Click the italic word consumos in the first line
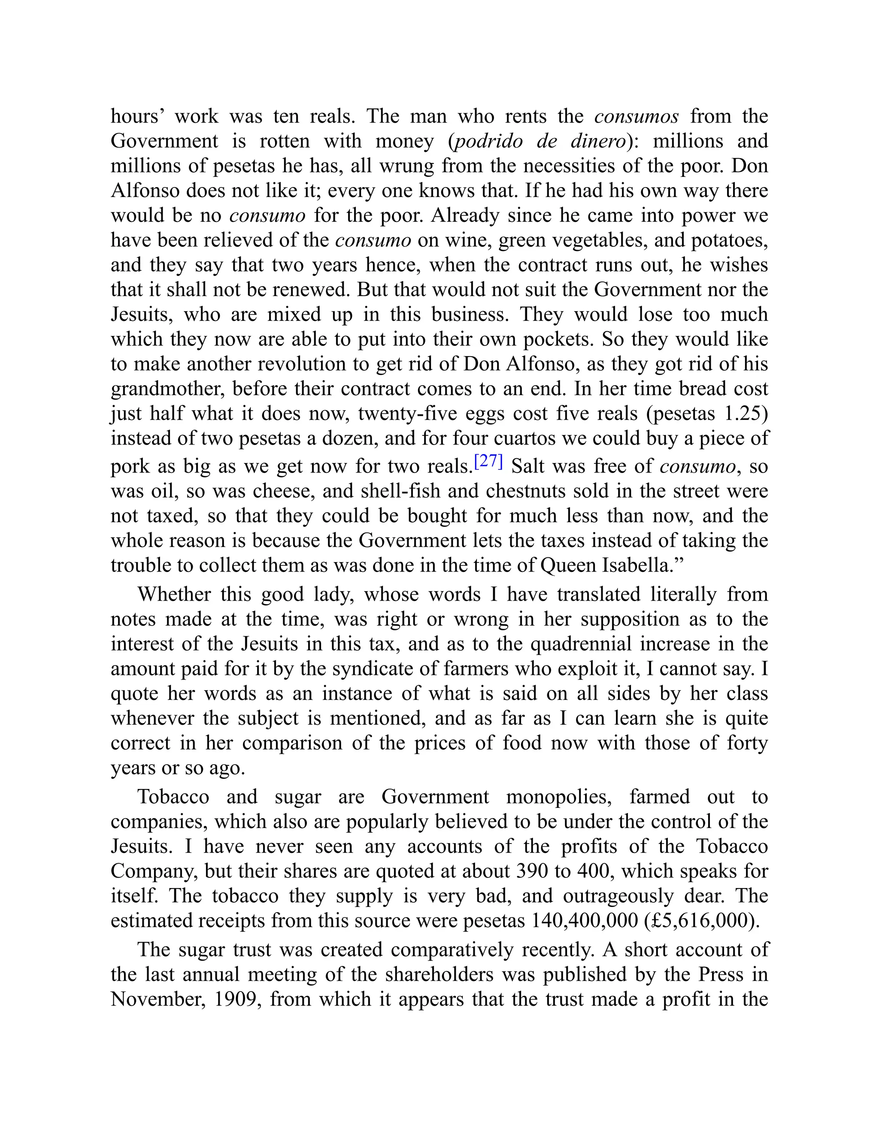(x=637, y=116)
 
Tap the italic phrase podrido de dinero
(x=540, y=141)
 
